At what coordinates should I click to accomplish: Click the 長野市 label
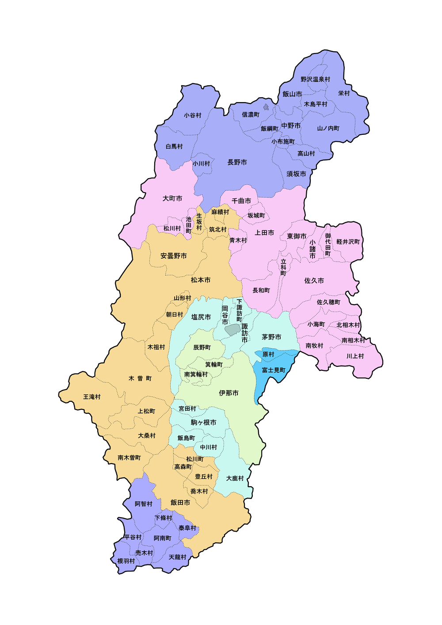(237, 162)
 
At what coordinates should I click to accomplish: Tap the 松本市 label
(201, 280)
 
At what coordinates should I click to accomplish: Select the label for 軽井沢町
(348, 241)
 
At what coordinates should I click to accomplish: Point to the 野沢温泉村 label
(315, 80)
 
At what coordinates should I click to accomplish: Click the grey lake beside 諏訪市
(232, 329)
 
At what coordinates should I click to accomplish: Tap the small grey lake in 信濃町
(266, 107)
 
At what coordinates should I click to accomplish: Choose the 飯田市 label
(180, 503)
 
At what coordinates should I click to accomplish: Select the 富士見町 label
(274, 370)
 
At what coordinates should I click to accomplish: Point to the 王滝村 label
(92, 397)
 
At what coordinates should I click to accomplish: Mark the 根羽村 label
(126, 561)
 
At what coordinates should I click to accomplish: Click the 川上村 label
(355, 356)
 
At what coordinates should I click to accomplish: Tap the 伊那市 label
(229, 393)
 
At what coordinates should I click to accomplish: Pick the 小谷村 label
(192, 115)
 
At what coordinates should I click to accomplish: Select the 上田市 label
(264, 232)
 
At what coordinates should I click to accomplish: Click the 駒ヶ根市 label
(203, 423)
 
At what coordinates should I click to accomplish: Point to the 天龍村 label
(178, 557)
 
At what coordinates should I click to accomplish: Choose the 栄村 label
(344, 93)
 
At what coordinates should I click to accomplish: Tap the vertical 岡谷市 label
(225, 315)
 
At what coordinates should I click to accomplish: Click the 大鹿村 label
(235, 478)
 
